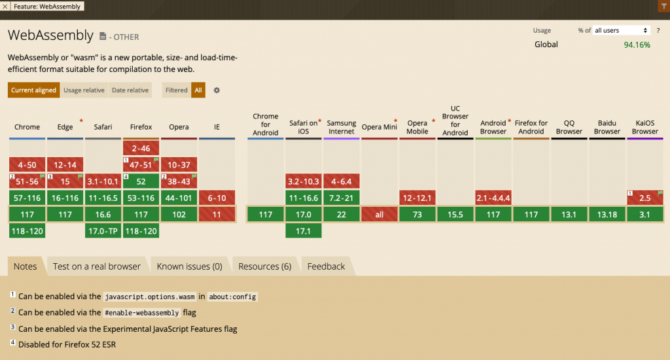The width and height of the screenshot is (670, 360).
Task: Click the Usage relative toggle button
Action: pyautogui.click(x=84, y=90)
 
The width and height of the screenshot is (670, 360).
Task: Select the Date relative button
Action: pyautogui.click(x=130, y=90)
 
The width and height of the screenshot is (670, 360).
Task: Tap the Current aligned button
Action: pyautogui.click(x=33, y=90)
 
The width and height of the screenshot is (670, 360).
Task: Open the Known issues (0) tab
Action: pyautogui.click(x=189, y=266)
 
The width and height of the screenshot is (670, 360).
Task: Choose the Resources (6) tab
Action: pyautogui.click(x=264, y=266)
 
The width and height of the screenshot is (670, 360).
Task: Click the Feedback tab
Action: pyautogui.click(x=326, y=266)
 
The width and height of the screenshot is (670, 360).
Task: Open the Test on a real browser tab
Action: pyautogui.click(x=97, y=266)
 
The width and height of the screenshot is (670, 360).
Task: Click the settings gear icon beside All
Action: pyautogui.click(x=217, y=90)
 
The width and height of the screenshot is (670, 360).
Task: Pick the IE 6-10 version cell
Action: pyautogui.click(x=217, y=198)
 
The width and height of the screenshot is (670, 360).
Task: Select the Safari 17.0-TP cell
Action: pyautogui.click(x=103, y=231)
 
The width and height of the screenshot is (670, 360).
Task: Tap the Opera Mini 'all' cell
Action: pyautogui.click(x=379, y=215)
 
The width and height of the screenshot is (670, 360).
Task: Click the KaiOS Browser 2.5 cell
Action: pyautogui.click(x=644, y=198)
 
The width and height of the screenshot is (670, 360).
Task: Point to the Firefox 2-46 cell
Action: pyautogui.click(x=141, y=149)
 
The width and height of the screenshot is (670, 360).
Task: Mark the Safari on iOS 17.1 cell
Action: pyautogui.click(x=304, y=231)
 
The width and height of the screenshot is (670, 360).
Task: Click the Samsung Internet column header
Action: pyautogui.click(x=342, y=127)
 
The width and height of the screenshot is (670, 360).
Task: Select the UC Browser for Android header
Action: pyautogui.click(x=455, y=120)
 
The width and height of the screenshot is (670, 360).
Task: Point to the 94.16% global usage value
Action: pyautogui.click(x=637, y=45)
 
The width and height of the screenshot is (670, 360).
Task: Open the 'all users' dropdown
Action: pyautogui.click(x=621, y=31)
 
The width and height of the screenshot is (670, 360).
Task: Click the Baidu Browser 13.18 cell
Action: pyautogui.click(x=607, y=215)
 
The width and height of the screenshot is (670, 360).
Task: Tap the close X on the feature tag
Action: pyautogui.click(x=5, y=6)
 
